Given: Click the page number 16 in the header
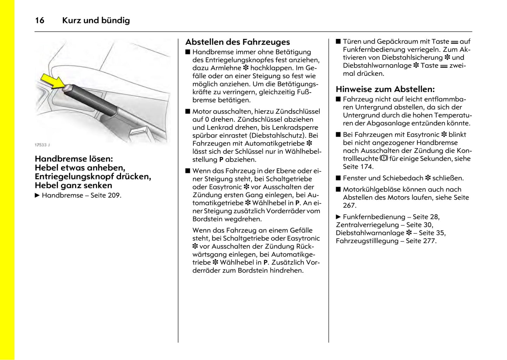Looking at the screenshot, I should tap(40, 20).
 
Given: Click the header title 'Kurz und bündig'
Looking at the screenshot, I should tap(96, 20).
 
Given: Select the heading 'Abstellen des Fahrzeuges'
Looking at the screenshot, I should tap(238, 42).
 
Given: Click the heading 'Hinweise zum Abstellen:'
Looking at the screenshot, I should tap(385, 89).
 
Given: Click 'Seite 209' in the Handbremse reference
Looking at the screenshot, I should tap(105, 195).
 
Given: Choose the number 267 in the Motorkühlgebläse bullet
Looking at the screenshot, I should tap(349, 205).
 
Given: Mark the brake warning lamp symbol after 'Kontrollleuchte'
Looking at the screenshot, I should tap(384, 159).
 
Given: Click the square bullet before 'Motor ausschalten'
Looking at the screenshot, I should tap(188, 112).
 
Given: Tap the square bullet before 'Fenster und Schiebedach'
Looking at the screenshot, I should tap(338, 178).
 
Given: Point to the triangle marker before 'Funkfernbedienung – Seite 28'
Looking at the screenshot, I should tap(338, 217).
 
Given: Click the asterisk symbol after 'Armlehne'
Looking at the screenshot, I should tap(246, 68).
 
